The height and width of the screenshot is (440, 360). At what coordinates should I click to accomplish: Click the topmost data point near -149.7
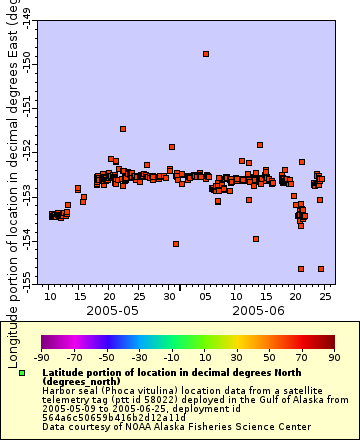[206, 54]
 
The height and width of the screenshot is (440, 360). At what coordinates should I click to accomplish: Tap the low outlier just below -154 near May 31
[176, 244]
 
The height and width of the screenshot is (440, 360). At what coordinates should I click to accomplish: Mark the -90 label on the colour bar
[41, 356]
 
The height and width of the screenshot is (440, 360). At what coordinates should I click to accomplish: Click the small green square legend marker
[22, 372]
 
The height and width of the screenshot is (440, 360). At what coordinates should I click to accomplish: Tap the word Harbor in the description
[58, 390]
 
